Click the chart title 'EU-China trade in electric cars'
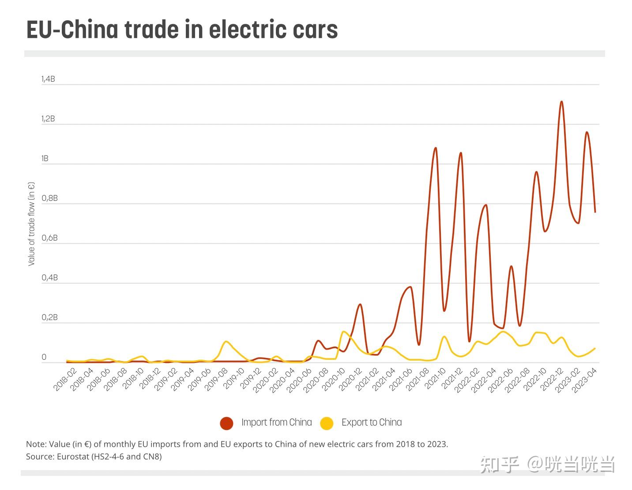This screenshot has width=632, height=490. click(x=182, y=30)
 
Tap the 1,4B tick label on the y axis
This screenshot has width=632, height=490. click(x=48, y=79)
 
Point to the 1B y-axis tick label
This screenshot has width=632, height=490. click(x=45, y=158)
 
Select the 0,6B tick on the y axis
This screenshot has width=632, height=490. click(x=49, y=238)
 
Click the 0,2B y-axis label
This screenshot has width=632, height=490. click(x=49, y=317)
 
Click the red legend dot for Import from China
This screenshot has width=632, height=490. click(x=226, y=423)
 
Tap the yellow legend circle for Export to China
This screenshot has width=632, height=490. click(x=327, y=423)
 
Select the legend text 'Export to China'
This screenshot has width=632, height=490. click(x=372, y=422)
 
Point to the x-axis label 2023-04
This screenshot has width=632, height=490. click(x=584, y=380)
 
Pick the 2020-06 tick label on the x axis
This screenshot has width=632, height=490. click(x=298, y=380)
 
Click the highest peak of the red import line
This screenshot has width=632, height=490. click(x=561, y=102)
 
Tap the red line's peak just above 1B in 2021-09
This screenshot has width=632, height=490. click(x=436, y=148)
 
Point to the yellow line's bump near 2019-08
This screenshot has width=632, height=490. click(x=226, y=341)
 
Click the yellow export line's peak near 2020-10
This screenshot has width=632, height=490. click(x=343, y=332)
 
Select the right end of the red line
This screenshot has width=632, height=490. click(x=595, y=212)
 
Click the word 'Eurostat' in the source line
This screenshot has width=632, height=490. click(x=73, y=456)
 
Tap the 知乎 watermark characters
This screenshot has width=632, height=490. click(x=499, y=464)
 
